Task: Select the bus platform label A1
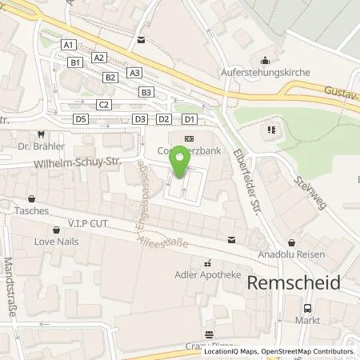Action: point(69,45)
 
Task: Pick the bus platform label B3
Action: point(146,92)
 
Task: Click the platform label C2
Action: point(103,105)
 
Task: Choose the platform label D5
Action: point(80,119)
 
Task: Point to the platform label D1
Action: point(189,119)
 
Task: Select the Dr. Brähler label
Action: point(41,147)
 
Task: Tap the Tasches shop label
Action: point(31,211)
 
